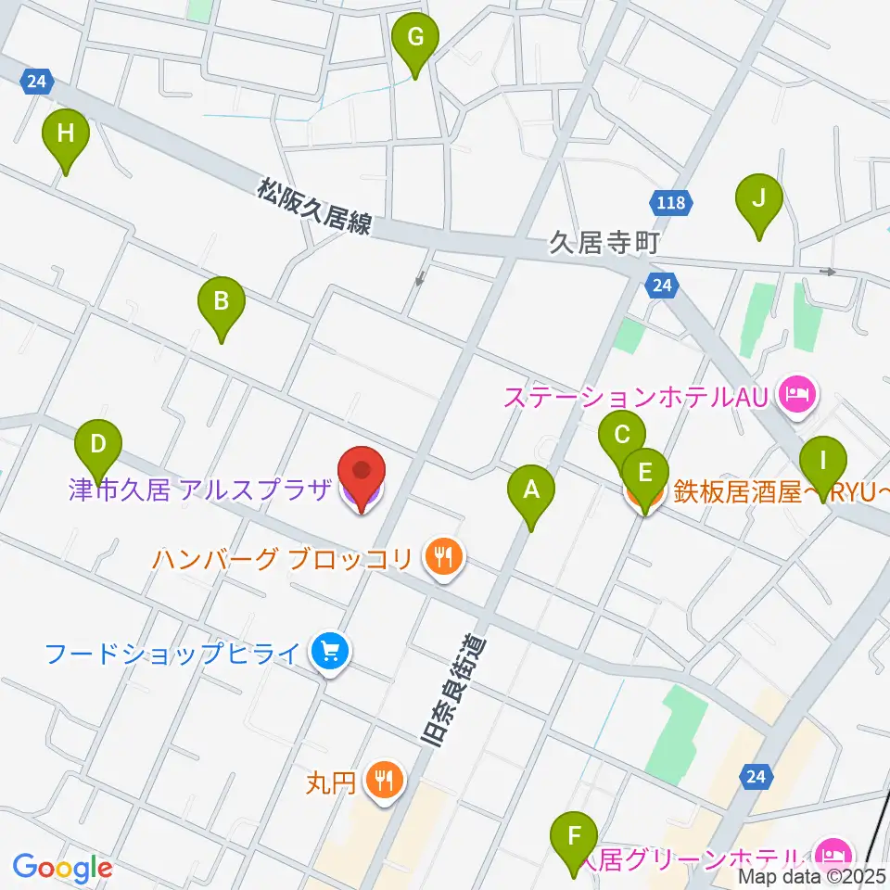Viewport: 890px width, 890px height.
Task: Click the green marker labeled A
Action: click(x=531, y=489)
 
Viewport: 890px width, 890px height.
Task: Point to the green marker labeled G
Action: click(x=414, y=39)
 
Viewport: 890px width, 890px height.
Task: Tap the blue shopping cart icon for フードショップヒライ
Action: click(x=328, y=654)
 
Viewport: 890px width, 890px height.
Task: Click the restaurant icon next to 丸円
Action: click(x=383, y=779)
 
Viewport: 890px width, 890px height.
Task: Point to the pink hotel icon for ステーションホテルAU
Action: click(x=796, y=397)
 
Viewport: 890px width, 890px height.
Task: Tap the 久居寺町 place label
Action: click(x=604, y=244)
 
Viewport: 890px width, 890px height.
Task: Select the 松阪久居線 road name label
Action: click(x=315, y=209)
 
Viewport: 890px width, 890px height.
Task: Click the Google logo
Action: click(x=62, y=867)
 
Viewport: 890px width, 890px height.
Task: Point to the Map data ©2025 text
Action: click(x=812, y=876)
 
